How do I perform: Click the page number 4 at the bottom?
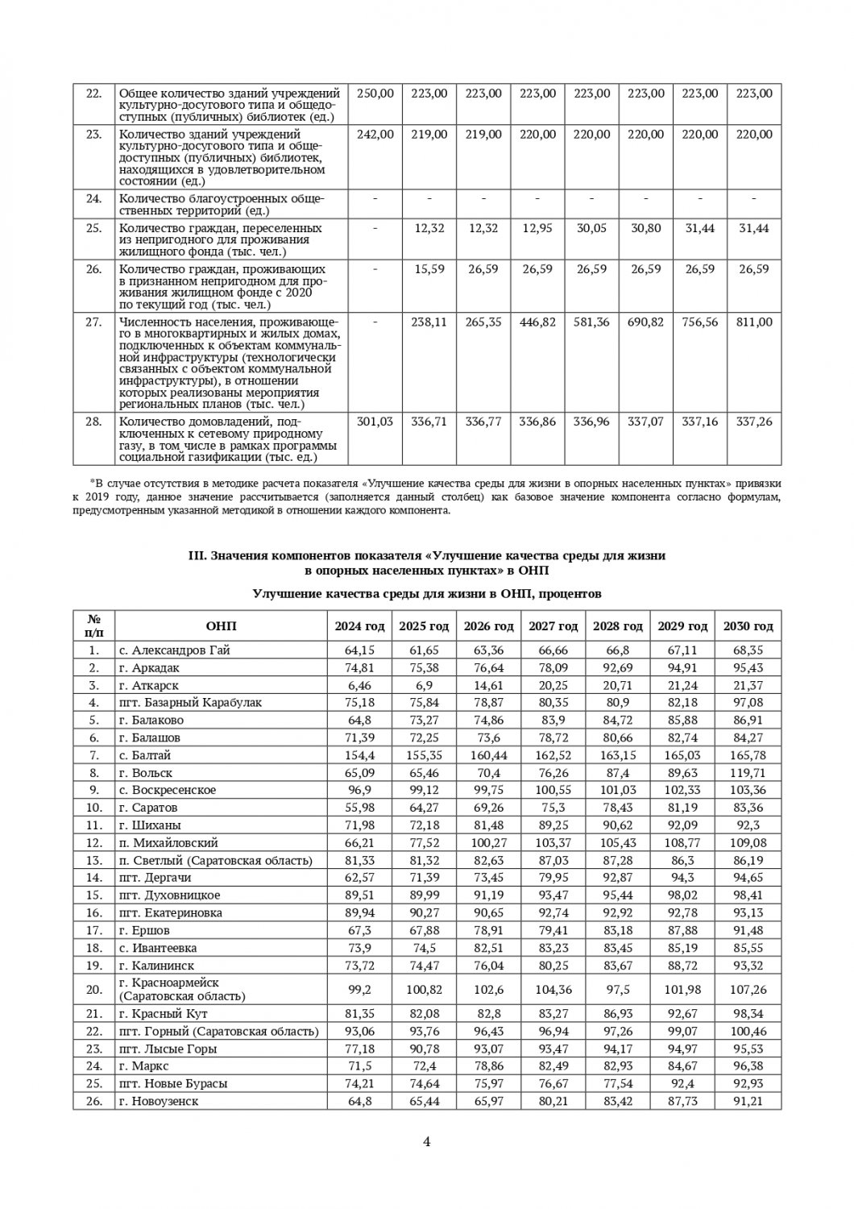[427, 1140]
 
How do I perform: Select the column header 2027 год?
[553, 626]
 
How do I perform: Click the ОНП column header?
[221, 626]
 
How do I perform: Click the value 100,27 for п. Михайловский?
[489, 842]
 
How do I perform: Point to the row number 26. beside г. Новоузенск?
[94, 1101]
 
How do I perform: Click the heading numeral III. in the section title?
[197, 556]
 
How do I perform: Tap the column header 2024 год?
[360, 626]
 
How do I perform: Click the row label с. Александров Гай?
[174, 650]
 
